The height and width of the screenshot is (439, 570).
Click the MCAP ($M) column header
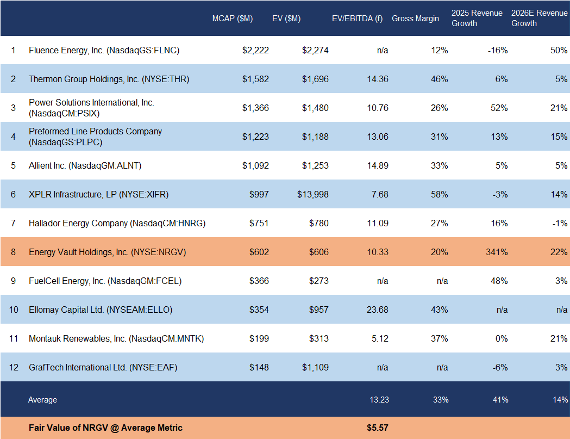pyautogui.click(x=232, y=18)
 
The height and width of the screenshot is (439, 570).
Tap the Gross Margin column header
pyautogui.click(x=415, y=18)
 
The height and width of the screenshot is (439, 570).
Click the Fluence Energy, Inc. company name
pyautogui.click(x=104, y=51)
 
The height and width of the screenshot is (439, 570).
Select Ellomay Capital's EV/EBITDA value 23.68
pyautogui.click(x=377, y=310)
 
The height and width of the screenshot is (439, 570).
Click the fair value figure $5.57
pyautogui.click(x=377, y=428)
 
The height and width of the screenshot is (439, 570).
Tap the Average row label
pyautogui.click(x=42, y=400)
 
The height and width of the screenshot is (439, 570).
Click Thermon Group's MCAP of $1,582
pyautogui.click(x=255, y=79)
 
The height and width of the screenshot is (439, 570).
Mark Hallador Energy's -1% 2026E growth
pyautogui.click(x=559, y=223)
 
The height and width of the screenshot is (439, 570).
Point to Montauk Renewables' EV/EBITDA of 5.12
pyautogui.click(x=380, y=338)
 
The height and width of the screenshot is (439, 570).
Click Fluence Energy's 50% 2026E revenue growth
pyautogui.click(x=559, y=51)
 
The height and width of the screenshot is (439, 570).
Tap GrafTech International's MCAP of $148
pyautogui.click(x=259, y=367)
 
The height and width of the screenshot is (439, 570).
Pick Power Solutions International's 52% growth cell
pyautogui.click(x=499, y=108)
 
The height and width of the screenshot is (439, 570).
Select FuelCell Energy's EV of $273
pyautogui.click(x=318, y=281)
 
